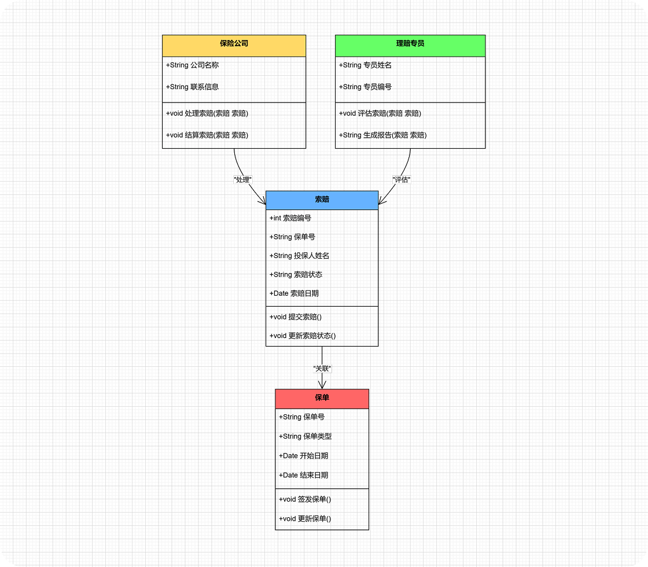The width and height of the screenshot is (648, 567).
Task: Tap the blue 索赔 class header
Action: tap(322, 200)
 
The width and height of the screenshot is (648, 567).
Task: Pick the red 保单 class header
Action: tap(322, 399)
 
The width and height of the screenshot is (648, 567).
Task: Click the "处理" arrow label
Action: tap(242, 179)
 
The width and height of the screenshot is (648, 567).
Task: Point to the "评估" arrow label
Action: tap(401, 179)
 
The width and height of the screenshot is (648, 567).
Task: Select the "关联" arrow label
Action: tap(322, 368)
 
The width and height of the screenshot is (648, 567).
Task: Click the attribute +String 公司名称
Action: tap(193, 65)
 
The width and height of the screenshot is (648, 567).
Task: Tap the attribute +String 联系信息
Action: tap(193, 87)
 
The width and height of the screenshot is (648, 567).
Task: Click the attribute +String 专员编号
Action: tap(365, 87)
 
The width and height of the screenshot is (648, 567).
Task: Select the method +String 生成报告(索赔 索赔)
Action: tap(382, 135)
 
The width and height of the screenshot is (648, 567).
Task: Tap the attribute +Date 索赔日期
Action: tap(294, 293)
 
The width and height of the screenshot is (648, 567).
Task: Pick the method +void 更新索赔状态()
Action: tap(303, 336)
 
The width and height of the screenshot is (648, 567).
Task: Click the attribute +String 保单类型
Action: tap(305, 436)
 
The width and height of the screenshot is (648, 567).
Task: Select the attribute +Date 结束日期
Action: tap(304, 475)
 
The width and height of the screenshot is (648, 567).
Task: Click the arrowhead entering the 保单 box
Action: tap(322, 385)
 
